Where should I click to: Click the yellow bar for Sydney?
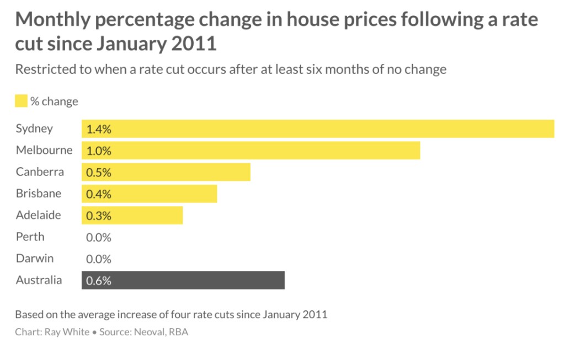[318, 129]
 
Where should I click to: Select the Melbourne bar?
[251, 151]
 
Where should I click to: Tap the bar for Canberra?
[166, 172]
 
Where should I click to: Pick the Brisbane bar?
[149, 194]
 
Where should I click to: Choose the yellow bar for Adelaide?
[132, 215]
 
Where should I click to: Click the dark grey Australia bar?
[183, 280]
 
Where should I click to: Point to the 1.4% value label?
[99, 130]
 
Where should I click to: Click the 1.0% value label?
[99, 151]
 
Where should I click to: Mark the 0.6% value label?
[99, 281]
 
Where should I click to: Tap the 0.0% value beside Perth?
[99, 238]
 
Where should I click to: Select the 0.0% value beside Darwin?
[99, 259]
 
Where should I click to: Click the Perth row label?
[30, 237]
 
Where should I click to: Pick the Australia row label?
[39, 280]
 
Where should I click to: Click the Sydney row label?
[34, 129]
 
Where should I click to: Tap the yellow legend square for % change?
[21, 101]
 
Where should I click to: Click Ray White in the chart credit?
[66, 332]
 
